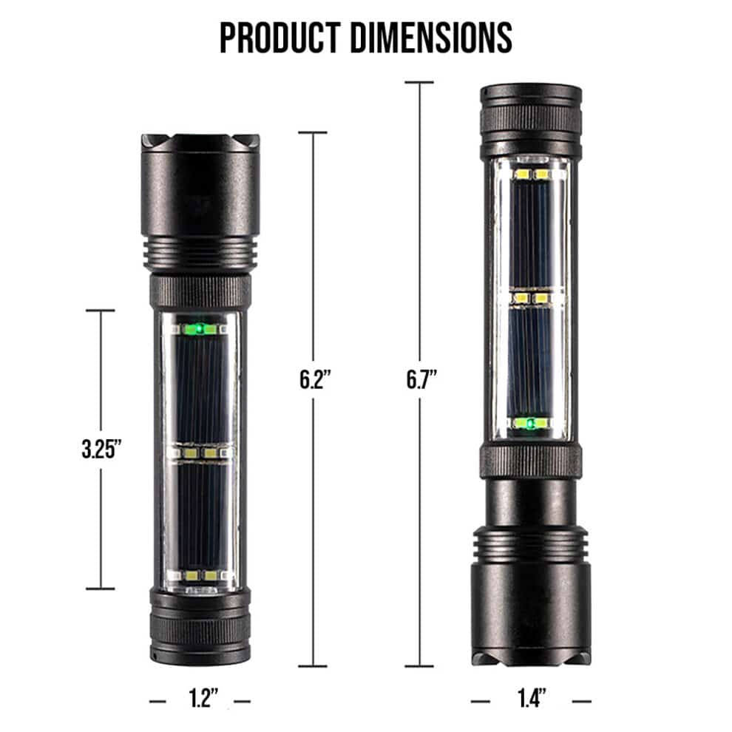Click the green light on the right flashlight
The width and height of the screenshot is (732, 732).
click(x=530, y=423)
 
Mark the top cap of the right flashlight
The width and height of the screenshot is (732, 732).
click(x=530, y=118)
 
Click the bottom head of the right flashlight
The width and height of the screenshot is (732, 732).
click(x=530, y=592)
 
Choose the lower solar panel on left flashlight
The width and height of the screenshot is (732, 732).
click(x=200, y=510)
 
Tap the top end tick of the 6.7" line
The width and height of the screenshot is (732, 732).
click(x=420, y=83)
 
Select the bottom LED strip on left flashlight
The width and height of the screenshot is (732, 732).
click(x=200, y=575)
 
